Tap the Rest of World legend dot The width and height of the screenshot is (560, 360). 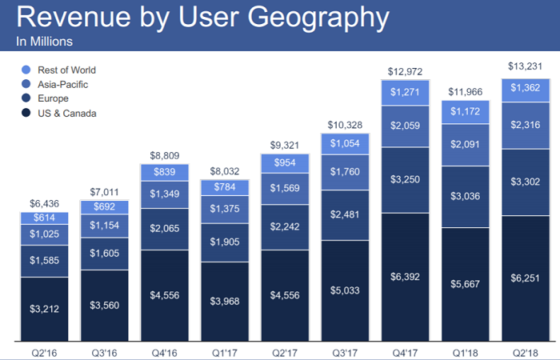26,70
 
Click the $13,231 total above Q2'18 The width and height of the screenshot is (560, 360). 525,66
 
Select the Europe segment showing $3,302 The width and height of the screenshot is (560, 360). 525,181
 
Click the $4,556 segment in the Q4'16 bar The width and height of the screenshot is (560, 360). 164,294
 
